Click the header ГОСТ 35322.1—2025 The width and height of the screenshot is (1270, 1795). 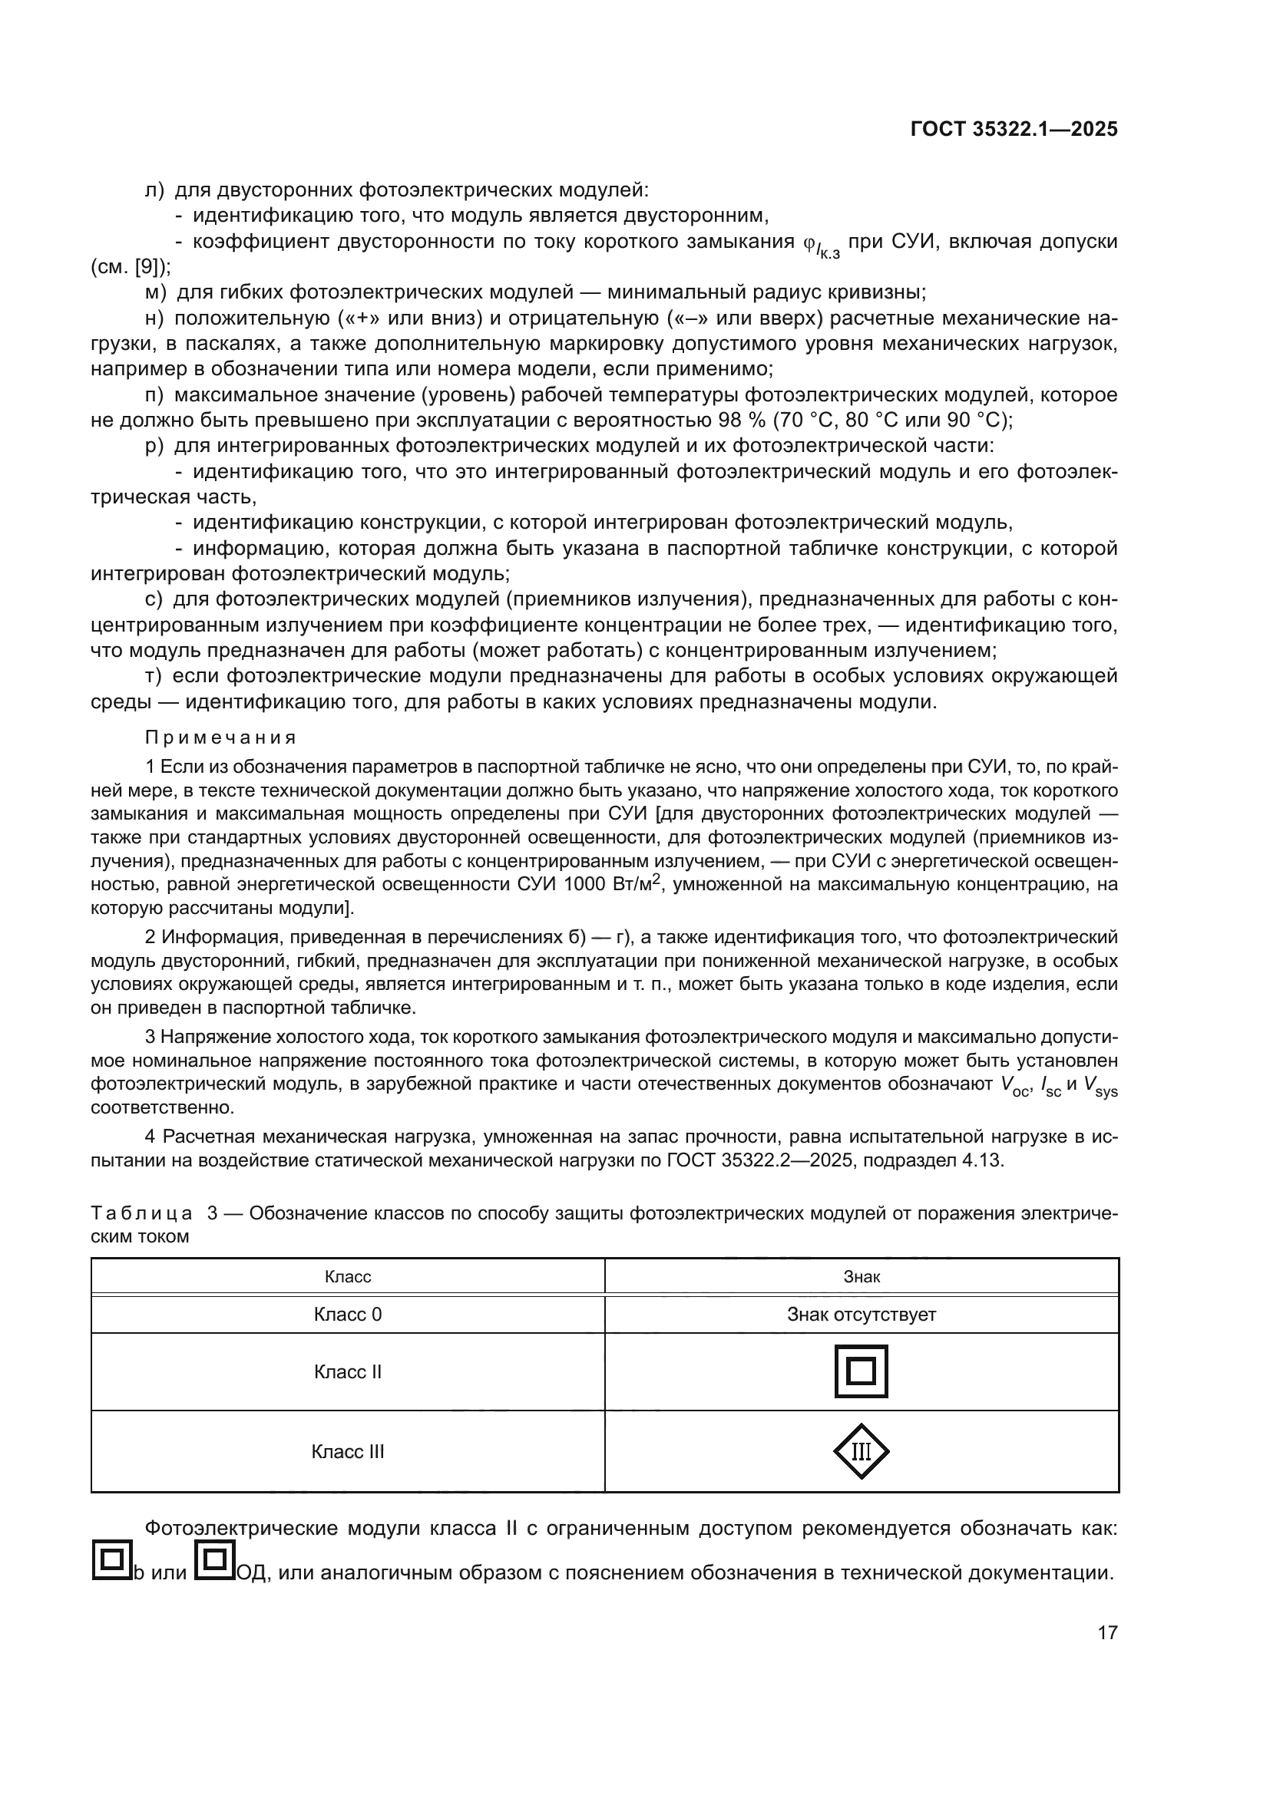point(1014,129)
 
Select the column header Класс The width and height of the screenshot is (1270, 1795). point(347,1277)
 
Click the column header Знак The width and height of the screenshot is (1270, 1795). point(861,1277)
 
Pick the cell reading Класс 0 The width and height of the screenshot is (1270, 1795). point(347,1314)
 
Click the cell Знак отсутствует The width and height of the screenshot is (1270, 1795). point(861,1314)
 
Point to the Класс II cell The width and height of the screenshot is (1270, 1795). point(347,1372)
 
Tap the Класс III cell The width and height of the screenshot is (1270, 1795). point(347,1452)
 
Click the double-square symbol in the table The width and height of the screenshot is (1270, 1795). point(861,1371)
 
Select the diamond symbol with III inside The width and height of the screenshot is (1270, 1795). point(861,1452)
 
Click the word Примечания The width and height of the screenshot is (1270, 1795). point(220,738)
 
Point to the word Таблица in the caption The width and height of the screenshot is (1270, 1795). point(141,1213)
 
